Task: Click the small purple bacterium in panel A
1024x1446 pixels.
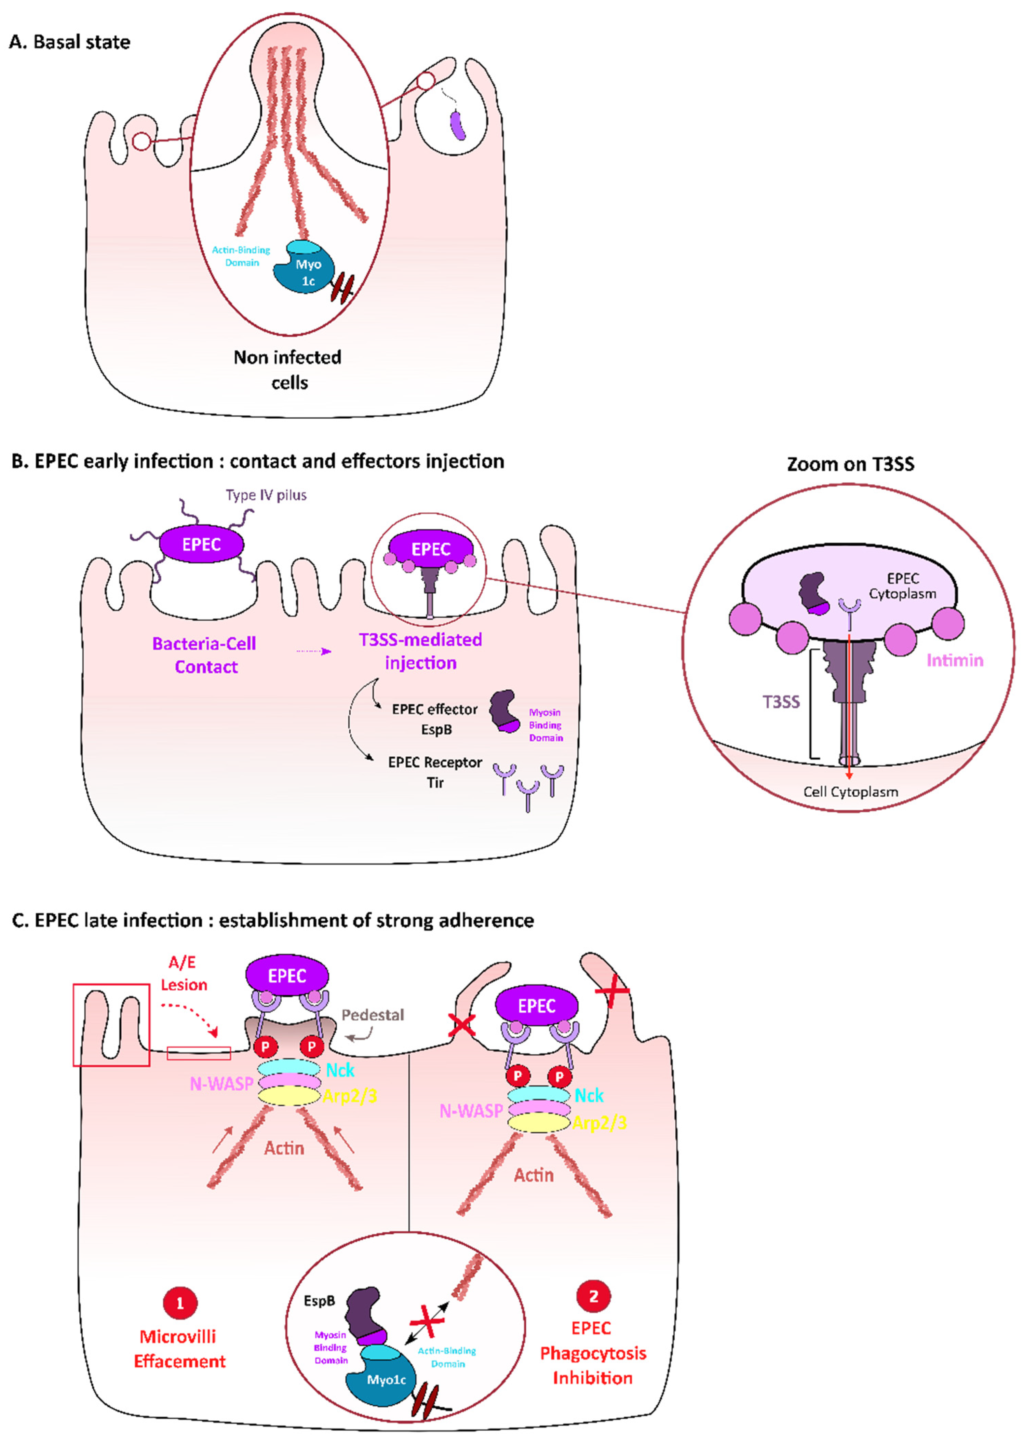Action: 458,125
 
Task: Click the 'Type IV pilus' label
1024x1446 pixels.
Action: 266,495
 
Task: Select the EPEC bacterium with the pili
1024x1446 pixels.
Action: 201,545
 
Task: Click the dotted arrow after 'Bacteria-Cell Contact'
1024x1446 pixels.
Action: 313,651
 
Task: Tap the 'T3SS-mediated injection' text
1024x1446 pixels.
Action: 420,651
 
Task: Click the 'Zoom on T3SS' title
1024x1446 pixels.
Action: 850,464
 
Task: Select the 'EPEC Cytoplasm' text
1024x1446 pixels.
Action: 902,585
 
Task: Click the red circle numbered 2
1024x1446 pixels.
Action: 593,1297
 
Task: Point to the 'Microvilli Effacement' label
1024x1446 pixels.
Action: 179,1349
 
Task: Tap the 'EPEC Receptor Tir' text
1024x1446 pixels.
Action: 435,772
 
